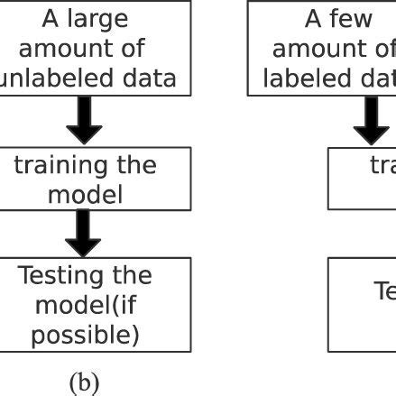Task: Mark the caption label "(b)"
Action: [x=84, y=382]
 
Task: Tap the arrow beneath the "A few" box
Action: [x=370, y=121]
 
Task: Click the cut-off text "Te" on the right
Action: [x=384, y=290]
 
